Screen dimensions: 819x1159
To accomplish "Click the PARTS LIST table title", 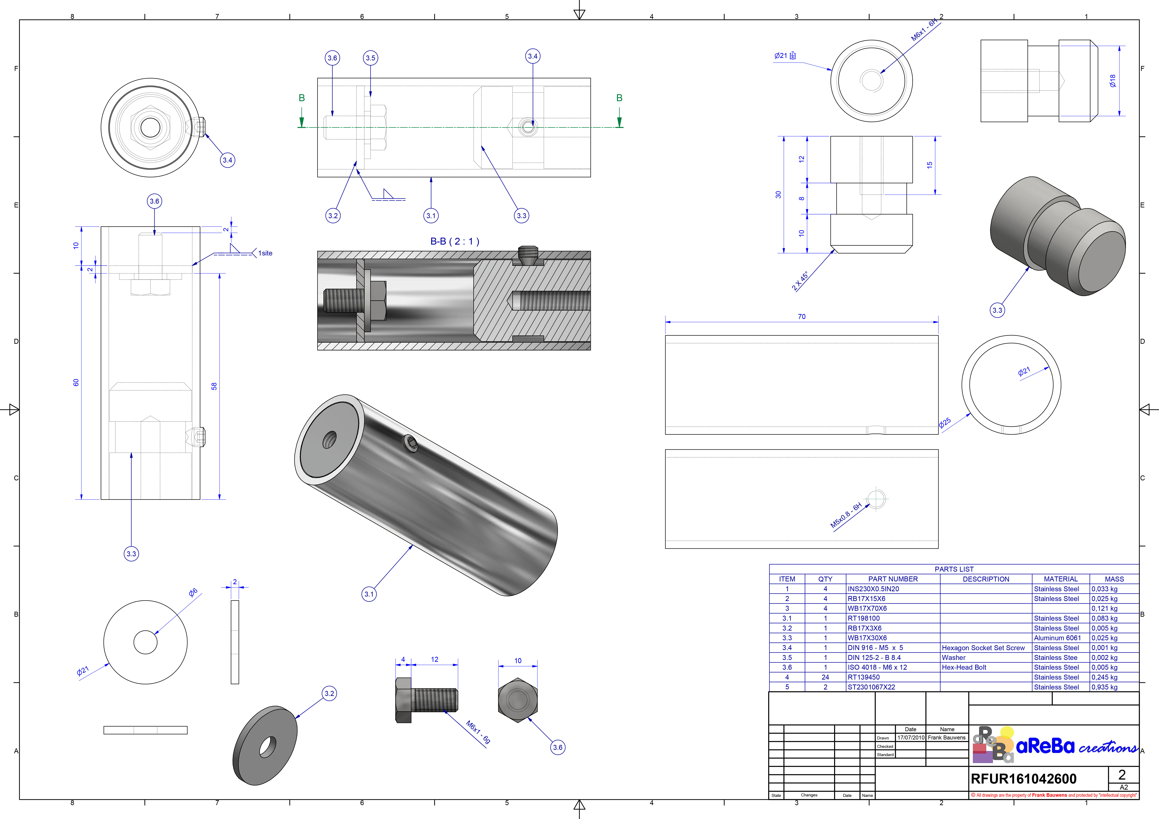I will (x=954, y=569).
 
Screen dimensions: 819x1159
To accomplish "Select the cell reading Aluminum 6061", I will (x=1057, y=638).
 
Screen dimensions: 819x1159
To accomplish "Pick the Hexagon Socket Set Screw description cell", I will (x=983, y=648).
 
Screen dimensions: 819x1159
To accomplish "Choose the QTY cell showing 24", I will (x=825, y=677).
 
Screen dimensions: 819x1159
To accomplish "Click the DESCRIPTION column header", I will (x=986, y=579).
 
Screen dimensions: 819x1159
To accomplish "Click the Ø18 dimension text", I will (x=1113, y=81).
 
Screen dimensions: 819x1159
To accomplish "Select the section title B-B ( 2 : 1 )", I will (x=454, y=242).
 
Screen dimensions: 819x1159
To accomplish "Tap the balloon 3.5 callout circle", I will (x=370, y=58).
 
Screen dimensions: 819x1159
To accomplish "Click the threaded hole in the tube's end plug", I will (x=330, y=440).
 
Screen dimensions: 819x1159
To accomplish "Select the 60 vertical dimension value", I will (x=76, y=382).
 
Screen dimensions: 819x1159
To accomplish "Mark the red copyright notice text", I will (x=1053, y=795).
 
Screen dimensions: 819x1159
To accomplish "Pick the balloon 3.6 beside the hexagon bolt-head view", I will (x=557, y=747).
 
